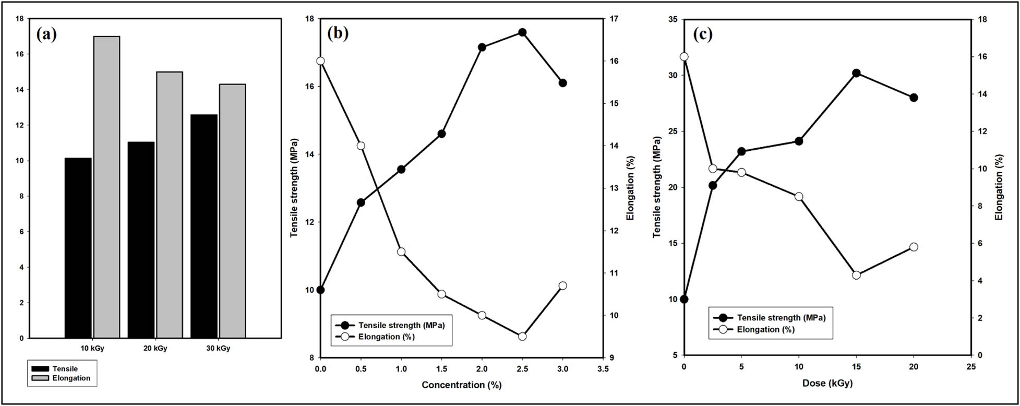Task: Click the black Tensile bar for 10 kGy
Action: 78,248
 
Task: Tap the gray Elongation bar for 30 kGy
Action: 232,211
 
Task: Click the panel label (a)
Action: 46,34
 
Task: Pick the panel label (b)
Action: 337,33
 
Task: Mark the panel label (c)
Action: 702,34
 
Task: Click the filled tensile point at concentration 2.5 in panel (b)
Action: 522,32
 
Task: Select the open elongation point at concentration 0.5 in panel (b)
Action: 361,146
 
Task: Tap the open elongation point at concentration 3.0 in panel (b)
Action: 562,285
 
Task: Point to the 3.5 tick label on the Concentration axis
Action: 603,368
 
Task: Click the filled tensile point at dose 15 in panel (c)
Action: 856,73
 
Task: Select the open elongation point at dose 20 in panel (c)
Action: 914,247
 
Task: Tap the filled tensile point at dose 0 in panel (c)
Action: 684,299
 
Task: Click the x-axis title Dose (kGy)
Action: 827,383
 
